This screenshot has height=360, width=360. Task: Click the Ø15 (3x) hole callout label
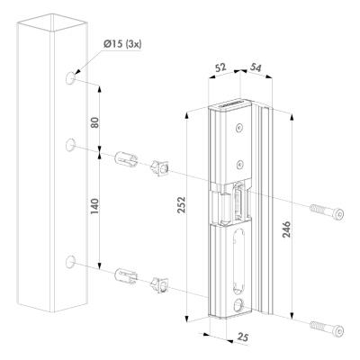click(122, 44)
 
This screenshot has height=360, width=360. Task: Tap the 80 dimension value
click(94, 122)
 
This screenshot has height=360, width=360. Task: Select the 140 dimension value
click(94, 206)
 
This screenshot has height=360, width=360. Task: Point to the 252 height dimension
click(182, 205)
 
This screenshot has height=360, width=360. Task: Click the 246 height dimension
click(286, 229)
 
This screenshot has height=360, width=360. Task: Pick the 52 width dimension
click(220, 67)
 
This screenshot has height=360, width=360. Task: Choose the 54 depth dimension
click(255, 67)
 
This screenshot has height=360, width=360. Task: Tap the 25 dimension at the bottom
click(242, 337)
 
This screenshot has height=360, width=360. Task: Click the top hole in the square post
click(70, 78)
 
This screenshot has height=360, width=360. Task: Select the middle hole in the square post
click(70, 145)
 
